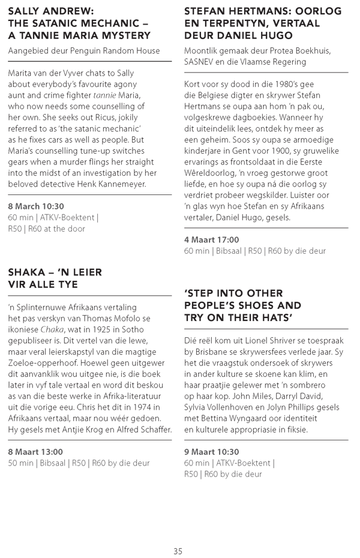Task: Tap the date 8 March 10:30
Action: pos(36,206)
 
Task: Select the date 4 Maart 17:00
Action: pos(211,240)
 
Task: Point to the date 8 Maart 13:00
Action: pos(35,451)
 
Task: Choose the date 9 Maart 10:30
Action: pos(211,452)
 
